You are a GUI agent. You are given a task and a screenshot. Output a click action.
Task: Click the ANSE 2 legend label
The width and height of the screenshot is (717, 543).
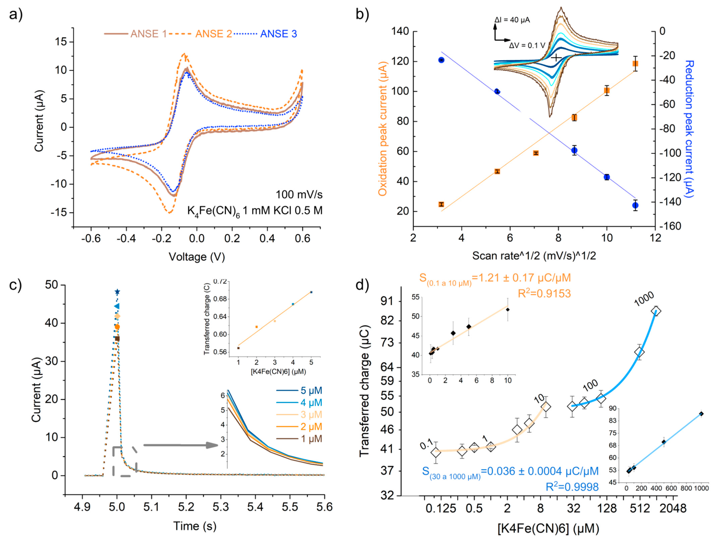213,34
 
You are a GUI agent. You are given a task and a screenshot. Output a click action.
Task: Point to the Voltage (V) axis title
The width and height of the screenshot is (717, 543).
197,257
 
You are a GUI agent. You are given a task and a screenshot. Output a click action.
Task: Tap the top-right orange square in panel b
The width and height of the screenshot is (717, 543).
635,63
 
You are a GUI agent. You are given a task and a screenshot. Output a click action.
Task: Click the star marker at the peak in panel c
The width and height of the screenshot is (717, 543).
117,292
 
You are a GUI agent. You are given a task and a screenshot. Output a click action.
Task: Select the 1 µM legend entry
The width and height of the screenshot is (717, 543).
311,439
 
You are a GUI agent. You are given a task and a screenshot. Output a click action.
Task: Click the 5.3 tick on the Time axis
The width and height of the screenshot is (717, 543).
221,507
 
